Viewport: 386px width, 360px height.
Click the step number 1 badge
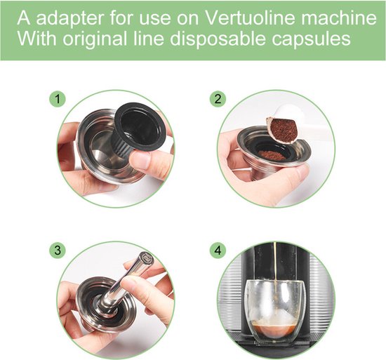pos(55,99)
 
